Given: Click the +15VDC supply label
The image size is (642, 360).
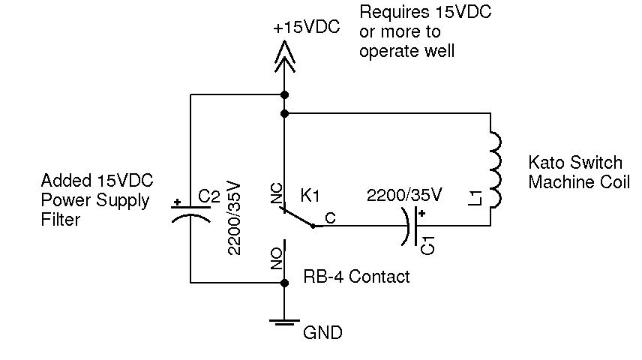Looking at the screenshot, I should click(306, 28).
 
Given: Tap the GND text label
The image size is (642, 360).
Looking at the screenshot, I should click(322, 332).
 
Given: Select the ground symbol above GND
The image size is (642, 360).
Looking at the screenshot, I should click(284, 323).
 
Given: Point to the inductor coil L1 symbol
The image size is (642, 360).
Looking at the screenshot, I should click(494, 169).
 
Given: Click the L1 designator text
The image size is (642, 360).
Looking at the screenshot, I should click(473, 199).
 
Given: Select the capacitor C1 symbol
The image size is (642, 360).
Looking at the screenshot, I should click(411, 224).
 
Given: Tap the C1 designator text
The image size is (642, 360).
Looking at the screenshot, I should click(427, 245).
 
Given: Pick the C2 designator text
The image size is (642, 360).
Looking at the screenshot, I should click(208, 196).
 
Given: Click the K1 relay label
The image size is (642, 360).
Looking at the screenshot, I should click(310, 196).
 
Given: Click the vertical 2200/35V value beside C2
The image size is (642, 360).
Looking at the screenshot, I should click(234, 217).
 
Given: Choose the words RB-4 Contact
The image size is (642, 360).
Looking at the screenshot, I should click(356, 277).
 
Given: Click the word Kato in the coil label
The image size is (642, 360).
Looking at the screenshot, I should click(545, 163).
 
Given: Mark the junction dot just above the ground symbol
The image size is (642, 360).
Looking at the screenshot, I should click(284, 283).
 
